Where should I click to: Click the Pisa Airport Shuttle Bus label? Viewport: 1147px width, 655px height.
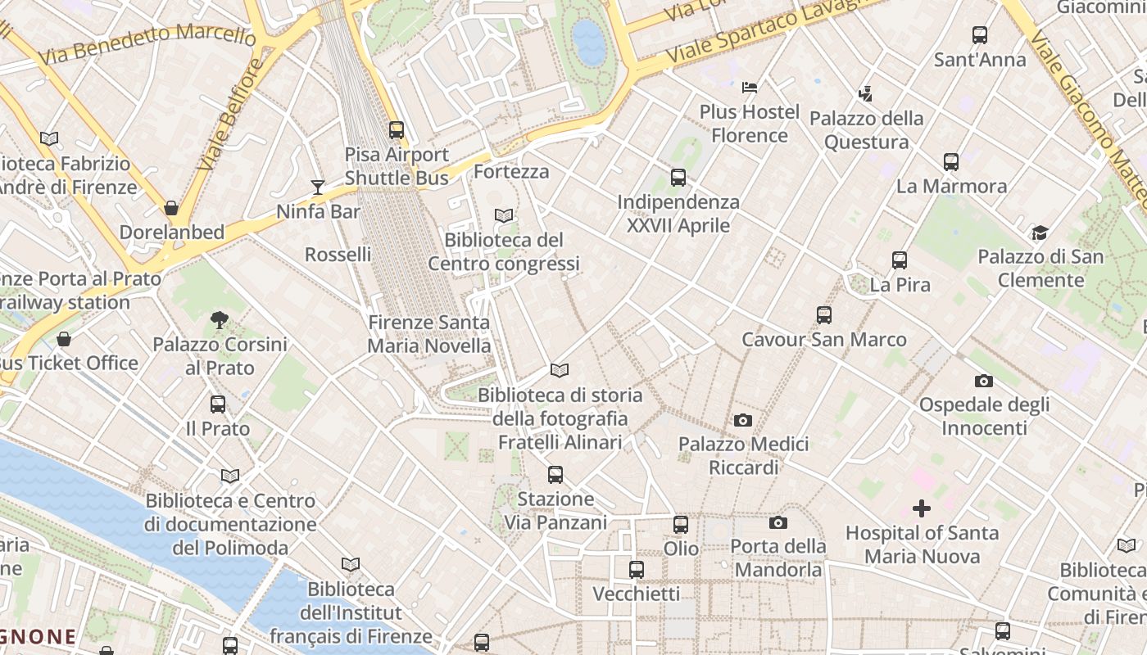397,166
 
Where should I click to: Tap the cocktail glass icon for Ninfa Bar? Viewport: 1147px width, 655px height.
318,187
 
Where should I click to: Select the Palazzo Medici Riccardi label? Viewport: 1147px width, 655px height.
743,456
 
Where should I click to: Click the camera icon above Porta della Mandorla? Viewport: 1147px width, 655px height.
778,522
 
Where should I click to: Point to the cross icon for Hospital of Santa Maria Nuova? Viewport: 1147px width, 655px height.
922,508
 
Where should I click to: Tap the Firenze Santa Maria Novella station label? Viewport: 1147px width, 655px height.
428,334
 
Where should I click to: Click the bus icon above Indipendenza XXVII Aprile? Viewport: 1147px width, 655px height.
678,177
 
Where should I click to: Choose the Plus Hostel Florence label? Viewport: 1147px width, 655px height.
749,124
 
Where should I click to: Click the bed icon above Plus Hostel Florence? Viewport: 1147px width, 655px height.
750,88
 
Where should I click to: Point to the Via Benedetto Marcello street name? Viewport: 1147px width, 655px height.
147,44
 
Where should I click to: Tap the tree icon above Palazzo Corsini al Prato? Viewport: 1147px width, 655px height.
219,319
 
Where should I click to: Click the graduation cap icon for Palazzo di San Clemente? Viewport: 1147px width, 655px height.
1040,233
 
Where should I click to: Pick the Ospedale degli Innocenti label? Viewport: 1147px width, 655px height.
984,416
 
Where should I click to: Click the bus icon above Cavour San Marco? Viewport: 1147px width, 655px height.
824,315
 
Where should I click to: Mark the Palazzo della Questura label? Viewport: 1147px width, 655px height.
866,130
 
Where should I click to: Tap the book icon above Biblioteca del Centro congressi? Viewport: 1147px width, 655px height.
504,215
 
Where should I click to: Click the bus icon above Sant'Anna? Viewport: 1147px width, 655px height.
980,35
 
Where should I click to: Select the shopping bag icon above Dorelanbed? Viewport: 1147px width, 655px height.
171,208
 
